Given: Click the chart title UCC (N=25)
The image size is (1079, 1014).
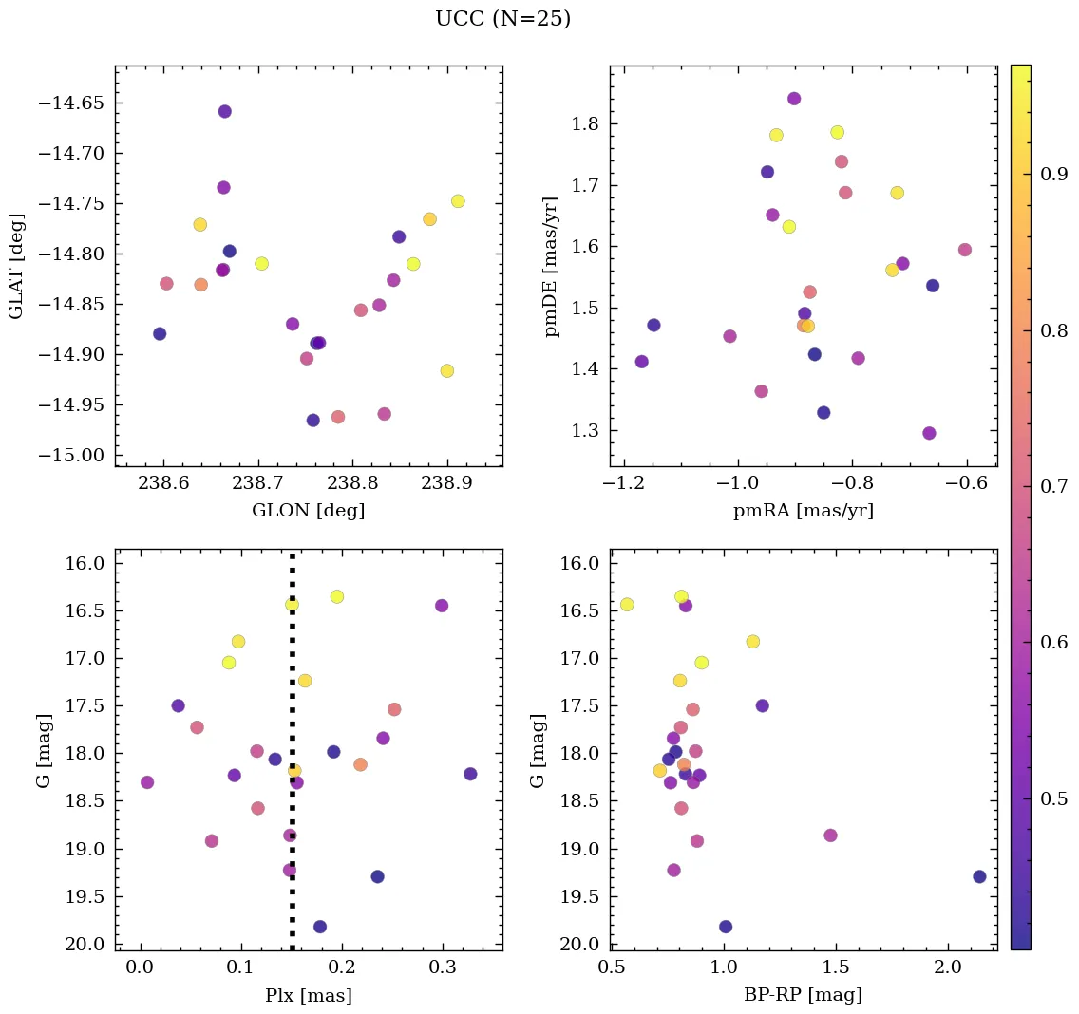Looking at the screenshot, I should click(x=502, y=19).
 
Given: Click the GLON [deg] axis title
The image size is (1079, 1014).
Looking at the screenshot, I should click(x=308, y=510).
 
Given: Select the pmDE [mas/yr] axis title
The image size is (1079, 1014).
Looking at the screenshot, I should click(x=551, y=267).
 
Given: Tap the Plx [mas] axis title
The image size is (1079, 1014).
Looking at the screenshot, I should click(x=308, y=995).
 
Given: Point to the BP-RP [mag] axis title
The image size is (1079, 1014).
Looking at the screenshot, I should click(x=803, y=995).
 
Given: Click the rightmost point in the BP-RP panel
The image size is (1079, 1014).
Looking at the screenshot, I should click(x=979, y=876).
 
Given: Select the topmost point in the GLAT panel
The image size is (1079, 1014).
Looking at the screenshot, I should click(x=224, y=111).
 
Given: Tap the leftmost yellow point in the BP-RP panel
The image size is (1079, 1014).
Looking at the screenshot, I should click(x=627, y=605).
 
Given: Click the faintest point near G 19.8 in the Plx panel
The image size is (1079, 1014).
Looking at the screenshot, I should click(x=320, y=927).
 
